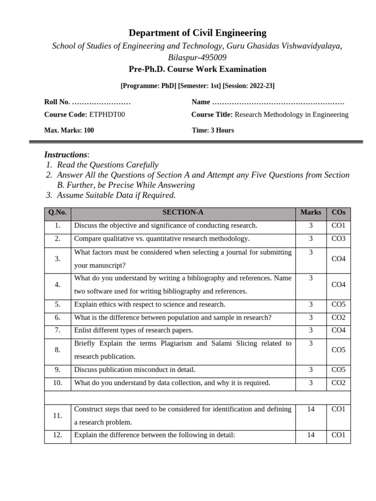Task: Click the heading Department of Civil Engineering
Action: tap(197, 33)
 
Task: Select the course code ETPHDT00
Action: tap(111, 114)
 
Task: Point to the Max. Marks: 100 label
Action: tap(69, 130)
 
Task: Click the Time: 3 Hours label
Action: tap(213, 130)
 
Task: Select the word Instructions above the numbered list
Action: tap(66, 155)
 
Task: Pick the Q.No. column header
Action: tap(57, 212)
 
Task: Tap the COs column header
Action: tap(338, 212)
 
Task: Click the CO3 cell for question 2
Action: tap(338, 239)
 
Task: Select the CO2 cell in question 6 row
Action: tap(338, 318)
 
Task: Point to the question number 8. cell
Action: tap(57, 350)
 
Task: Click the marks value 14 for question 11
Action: tap(311, 409)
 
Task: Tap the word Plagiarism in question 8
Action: tap(177, 343)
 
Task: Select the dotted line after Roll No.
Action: tap(101, 102)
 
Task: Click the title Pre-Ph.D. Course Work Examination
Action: tap(197, 69)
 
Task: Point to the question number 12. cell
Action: tap(57, 435)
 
